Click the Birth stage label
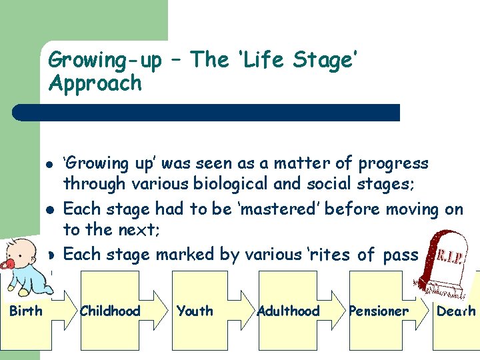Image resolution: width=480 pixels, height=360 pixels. pyautogui.click(x=26, y=311)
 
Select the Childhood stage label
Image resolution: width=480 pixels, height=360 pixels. pyautogui.click(x=110, y=311)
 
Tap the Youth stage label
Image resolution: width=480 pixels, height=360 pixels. pyautogui.click(x=195, y=311)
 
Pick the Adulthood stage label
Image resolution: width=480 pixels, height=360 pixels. pyautogui.click(x=288, y=311)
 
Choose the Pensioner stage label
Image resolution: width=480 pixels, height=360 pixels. pyautogui.click(x=378, y=311)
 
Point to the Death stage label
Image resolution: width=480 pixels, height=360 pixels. pyautogui.click(x=456, y=311)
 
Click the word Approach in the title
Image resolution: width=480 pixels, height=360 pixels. pyautogui.click(x=95, y=83)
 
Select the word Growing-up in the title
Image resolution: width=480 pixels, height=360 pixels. pyautogui.click(x=105, y=61)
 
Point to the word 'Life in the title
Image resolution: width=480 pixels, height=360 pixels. pyautogui.click(x=210, y=61)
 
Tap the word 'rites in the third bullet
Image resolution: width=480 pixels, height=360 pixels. pyautogui.click(x=330, y=254)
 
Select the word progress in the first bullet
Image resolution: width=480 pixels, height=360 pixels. pyautogui.click(x=393, y=163)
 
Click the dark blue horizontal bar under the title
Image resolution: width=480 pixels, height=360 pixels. pyautogui.click(x=207, y=112)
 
